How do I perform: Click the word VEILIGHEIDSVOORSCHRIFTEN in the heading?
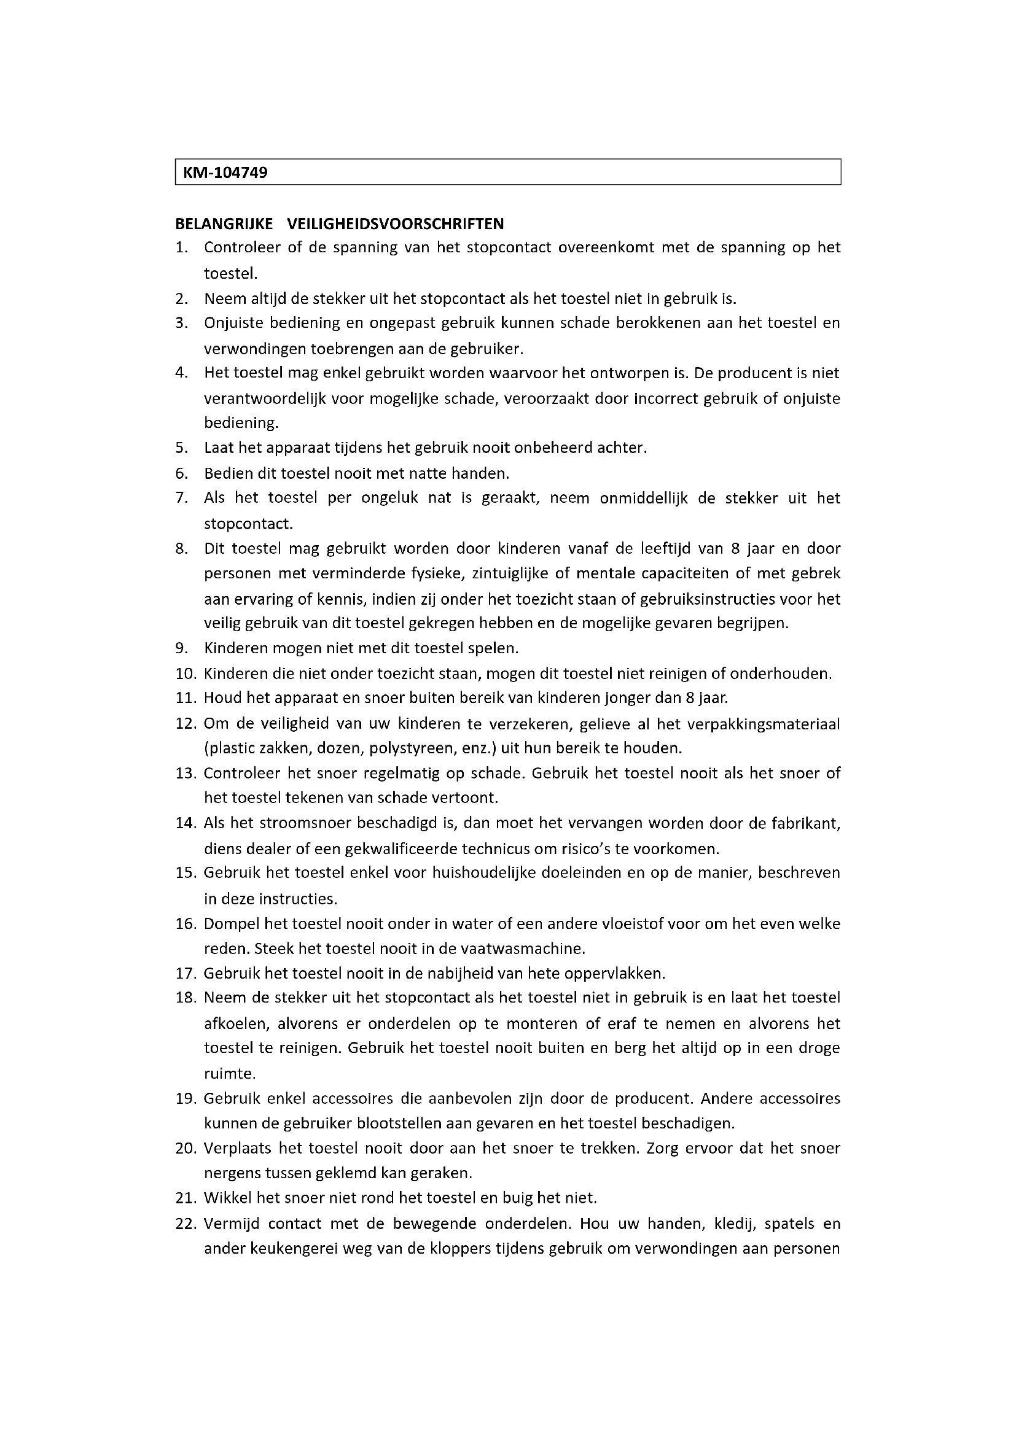point(396,223)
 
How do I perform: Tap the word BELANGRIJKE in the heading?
point(224,223)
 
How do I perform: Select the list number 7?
point(181,499)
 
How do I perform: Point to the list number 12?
point(186,724)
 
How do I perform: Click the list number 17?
point(186,974)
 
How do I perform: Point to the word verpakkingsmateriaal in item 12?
point(764,724)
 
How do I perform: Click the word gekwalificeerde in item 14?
point(396,849)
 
